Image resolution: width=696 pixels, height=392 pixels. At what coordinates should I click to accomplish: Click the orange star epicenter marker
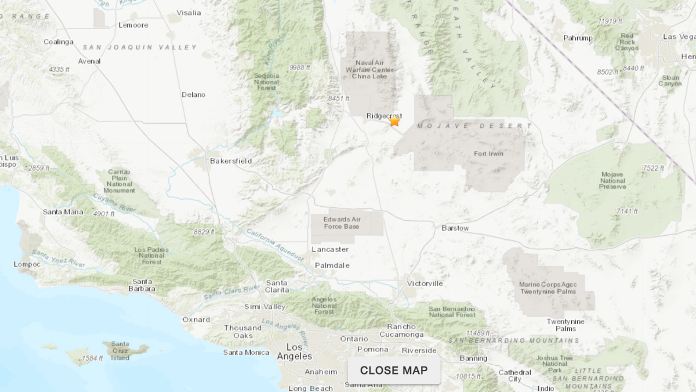394,121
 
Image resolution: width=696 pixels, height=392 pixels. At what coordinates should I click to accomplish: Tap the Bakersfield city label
231,161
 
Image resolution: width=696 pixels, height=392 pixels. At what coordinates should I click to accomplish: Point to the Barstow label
455,228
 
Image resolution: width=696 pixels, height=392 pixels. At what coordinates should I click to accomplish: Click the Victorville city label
425,283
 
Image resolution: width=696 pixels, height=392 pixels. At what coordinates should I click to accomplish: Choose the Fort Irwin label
488,154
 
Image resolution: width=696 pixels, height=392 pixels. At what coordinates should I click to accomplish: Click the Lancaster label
330,249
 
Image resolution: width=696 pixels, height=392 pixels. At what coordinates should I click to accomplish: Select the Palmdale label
332,265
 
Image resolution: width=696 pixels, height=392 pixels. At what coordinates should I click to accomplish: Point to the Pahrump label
577,38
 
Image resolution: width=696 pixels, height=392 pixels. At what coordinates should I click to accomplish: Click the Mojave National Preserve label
612,180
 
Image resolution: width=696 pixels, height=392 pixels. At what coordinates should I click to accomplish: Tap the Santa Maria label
63,212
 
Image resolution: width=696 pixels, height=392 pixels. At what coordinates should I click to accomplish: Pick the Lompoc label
27,264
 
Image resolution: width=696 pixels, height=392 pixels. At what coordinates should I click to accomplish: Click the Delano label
193,95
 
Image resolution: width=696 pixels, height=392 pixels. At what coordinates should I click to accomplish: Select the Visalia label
188,12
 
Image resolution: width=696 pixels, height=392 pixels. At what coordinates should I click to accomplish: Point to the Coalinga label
59,42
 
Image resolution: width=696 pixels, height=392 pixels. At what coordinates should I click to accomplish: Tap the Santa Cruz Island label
120,351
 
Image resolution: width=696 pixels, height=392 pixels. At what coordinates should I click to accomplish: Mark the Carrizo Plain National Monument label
119,181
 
